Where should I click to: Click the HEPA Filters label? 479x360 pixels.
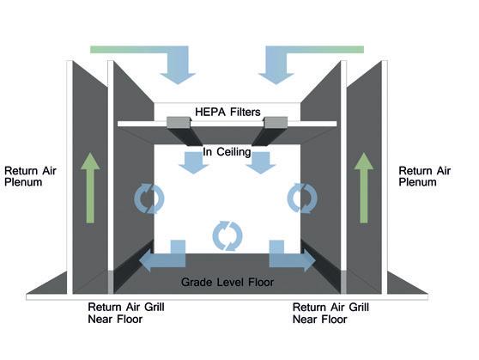pos(227,112)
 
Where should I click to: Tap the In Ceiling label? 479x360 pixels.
pos(227,152)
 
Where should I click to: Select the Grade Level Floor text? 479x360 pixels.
pos(227,282)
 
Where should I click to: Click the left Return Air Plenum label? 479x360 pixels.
pos(30,176)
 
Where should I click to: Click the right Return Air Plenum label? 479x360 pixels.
pos(425,176)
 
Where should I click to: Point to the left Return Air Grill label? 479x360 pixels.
pos(126,313)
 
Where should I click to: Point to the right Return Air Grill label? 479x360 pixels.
pos(330,313)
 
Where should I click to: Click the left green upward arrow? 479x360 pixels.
pos(90,188)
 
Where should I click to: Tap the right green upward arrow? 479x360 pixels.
pos(363,188)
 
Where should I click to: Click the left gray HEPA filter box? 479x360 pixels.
pos(179,122)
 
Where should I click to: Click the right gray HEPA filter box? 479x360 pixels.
pos(276,122)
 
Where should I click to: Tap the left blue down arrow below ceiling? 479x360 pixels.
pos(193,163)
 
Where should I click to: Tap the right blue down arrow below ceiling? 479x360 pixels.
pos(261,163)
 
